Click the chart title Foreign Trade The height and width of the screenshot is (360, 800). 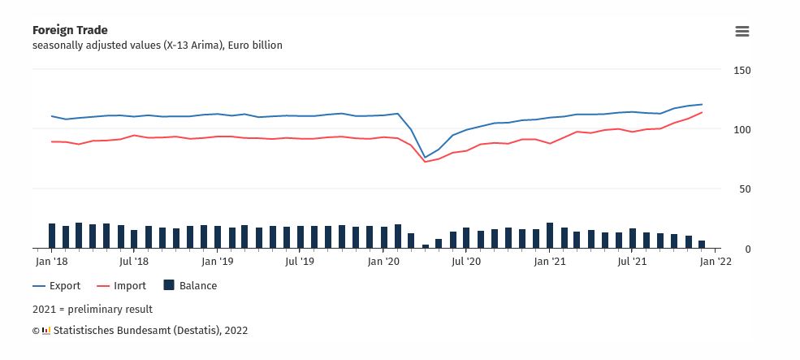70,30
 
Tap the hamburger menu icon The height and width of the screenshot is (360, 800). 742,32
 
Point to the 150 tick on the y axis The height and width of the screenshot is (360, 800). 742,71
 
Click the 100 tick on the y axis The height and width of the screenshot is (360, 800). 742,130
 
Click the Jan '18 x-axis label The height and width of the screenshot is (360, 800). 51,262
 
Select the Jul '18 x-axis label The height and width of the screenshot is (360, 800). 133,262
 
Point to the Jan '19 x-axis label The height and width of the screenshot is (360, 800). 218,262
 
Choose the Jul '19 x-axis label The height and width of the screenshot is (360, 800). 300,262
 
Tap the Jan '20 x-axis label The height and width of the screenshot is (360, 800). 383,262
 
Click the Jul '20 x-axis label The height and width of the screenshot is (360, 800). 466,262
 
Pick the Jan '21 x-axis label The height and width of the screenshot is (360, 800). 550,262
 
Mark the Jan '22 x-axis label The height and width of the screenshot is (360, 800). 715,262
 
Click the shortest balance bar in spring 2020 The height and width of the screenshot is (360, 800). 425,245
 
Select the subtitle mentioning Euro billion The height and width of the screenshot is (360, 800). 158,46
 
